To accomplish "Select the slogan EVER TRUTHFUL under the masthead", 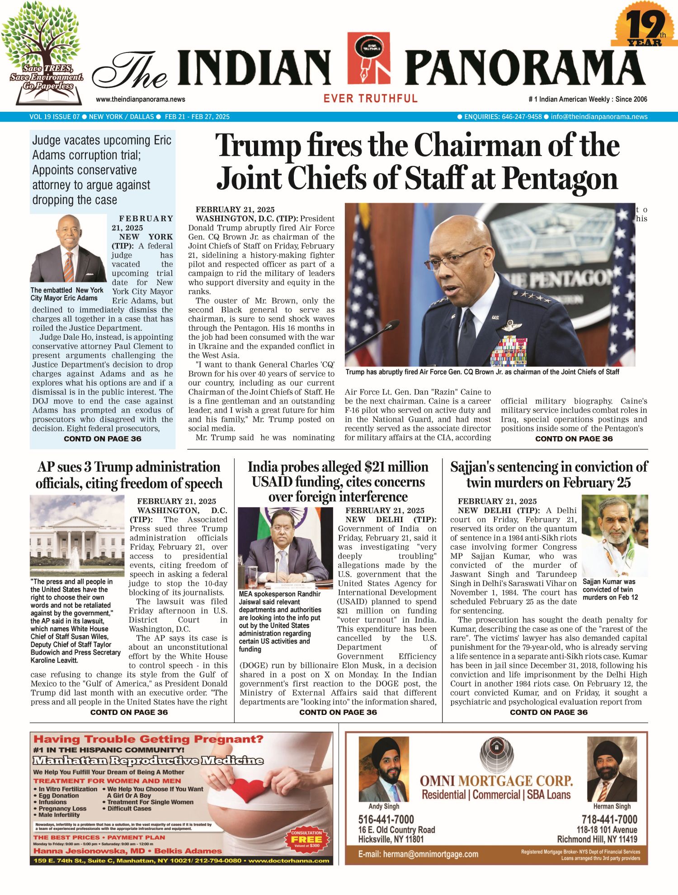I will click(x=370, y=98).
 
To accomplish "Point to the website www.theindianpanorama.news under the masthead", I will click(x=141, y=100).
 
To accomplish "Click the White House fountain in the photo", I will click(x=74, y=558).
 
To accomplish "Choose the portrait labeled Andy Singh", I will click(x=384, y=770).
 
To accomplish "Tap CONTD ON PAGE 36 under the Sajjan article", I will click(x=549, y=712).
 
